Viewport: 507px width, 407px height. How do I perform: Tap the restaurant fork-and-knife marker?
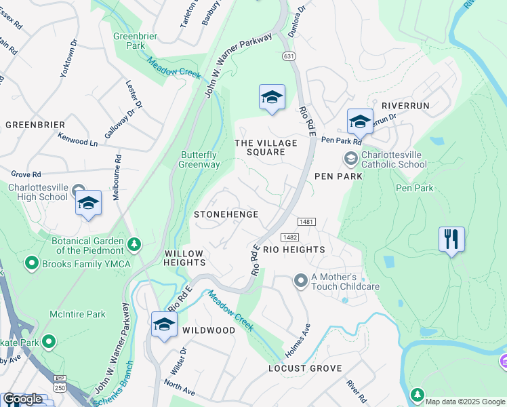coord(451,239)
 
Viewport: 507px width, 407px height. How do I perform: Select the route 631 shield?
coord(289,56)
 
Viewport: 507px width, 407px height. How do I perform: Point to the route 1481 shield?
coord(305,222)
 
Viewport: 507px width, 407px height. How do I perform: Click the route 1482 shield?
coord(289,237)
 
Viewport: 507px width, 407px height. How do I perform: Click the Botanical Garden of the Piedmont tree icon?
coord(134,244)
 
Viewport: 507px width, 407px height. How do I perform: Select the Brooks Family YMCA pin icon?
coord(31,262)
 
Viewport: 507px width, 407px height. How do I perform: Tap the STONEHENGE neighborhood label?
coord(226,214)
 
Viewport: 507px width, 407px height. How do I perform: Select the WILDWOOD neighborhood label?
coord(209,330)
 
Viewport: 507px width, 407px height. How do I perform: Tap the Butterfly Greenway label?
coord(199,159)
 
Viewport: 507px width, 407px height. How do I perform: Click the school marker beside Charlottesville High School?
coord(88,203)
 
